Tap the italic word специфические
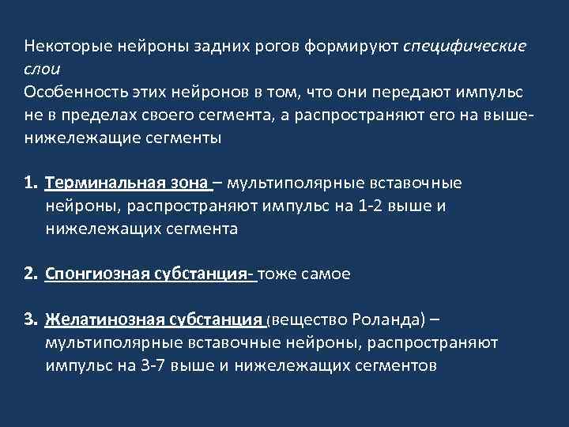coord(465,46)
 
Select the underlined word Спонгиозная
coord(96,274)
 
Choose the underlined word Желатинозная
coord(101,320)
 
